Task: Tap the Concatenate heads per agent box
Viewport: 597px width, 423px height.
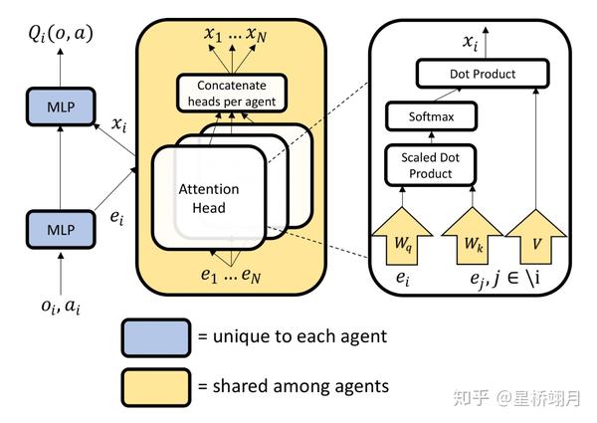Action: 231,94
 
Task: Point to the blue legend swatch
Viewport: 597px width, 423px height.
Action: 155,335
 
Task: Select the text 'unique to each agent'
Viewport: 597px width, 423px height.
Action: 292,336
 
